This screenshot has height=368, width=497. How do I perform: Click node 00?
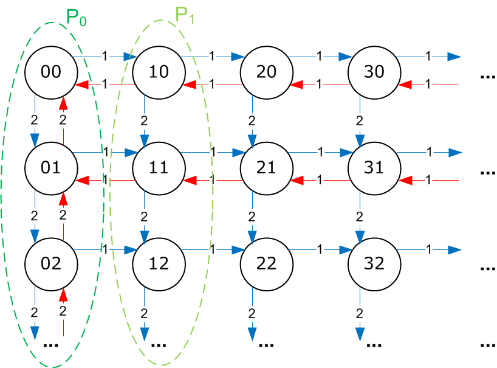(51, 72)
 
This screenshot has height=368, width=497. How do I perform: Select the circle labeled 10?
(159, 72)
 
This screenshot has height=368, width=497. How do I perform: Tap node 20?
(266, 72)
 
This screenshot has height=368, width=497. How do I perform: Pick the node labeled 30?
(374, 72)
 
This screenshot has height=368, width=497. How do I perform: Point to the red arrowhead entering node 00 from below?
(63, 103)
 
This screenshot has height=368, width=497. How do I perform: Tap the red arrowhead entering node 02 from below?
(63, 295)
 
